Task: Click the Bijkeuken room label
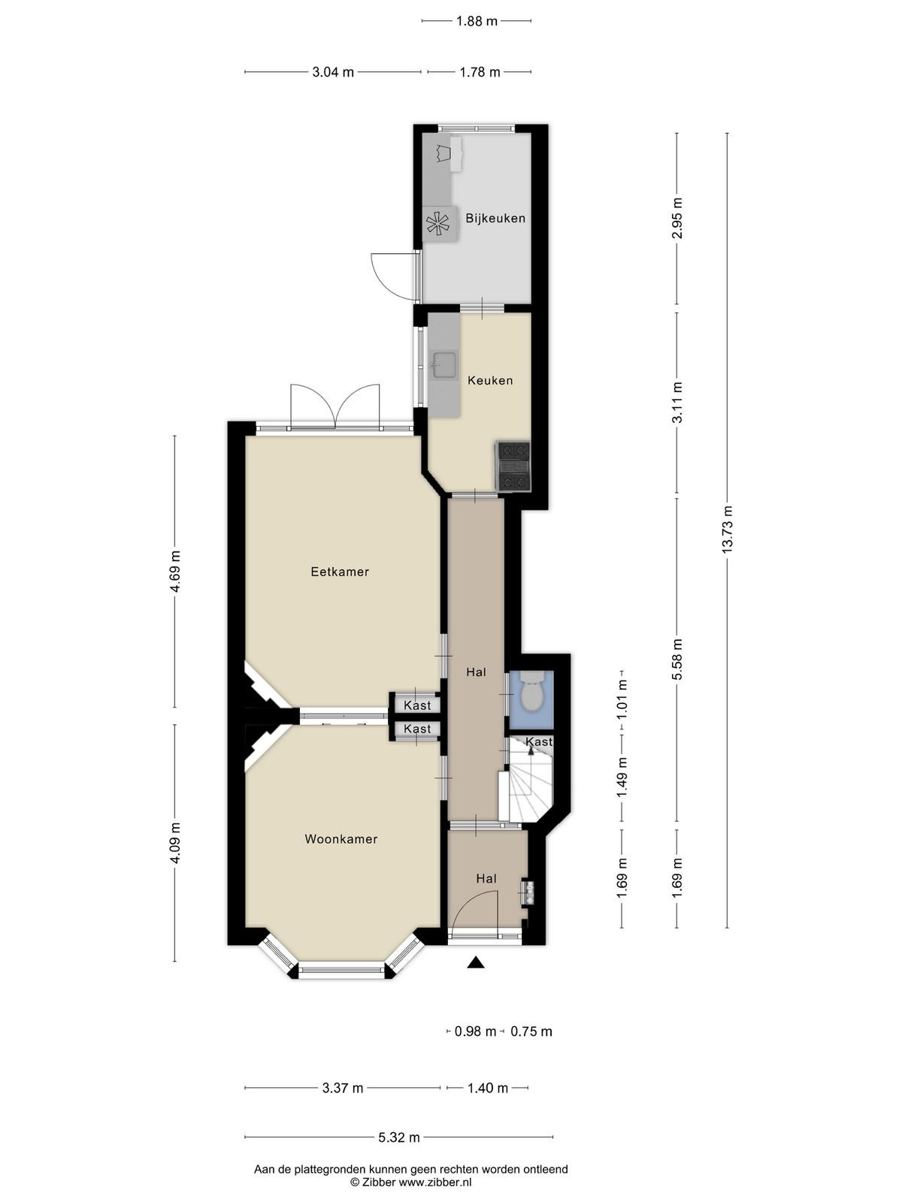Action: pyautogui.click(x=495, y=218)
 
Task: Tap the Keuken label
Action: pyautogui.click(x=490, y=380)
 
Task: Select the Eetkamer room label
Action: pyautogui.click(x=340, y=572)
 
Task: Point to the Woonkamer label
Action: pyautogui.click(x=341, y=839)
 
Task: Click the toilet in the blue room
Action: pyautogui.click(x=530, y=692)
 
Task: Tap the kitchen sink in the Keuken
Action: pyautogui.click(x=444, y=366)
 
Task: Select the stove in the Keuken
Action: pyautogui.click(x=513, y=466)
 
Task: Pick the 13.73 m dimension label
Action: pyautogui.click(x=727, y=530)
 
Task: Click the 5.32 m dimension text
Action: pyautogui.click(x=398, y=1138)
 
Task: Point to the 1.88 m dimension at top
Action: pyautogui.click(x=477, y=21)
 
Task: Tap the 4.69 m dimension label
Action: pyautogui.click(x=174, y=571)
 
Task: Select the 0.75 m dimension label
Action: pyautogui.click(x=531, y=1031)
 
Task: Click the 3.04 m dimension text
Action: pyautogui.click(x=333, y=72)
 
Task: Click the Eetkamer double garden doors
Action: pyautogui.click(x=334, y=406)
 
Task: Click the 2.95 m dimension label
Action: pyautogui.click(x=678, y=219)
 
